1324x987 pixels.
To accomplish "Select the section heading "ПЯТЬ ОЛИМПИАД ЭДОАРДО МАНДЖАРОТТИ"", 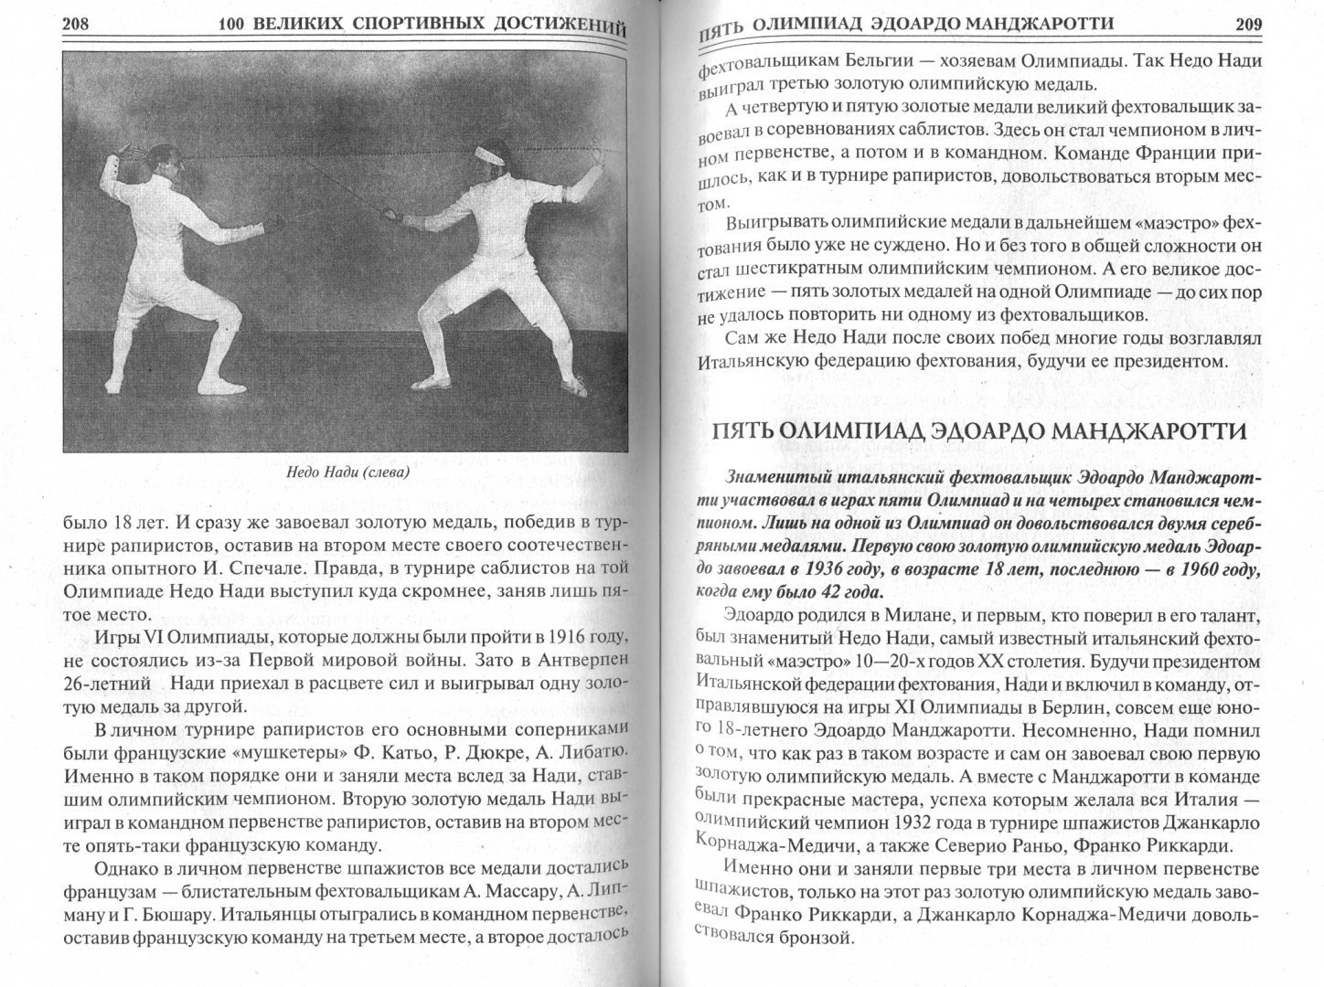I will pyautogui.click(x=979, y=431).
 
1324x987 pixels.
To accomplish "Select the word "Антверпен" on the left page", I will pyautogui.click(x=582, y=659).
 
